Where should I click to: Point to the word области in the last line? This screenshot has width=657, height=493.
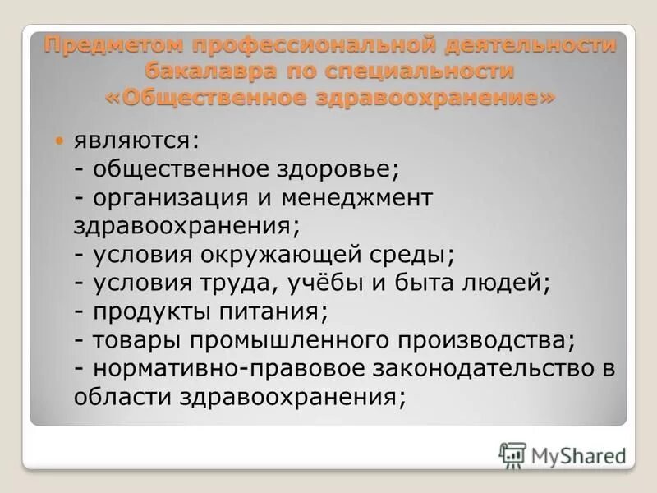click(x=119, y=397)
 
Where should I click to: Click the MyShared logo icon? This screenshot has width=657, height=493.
click(x=512, y=455)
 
